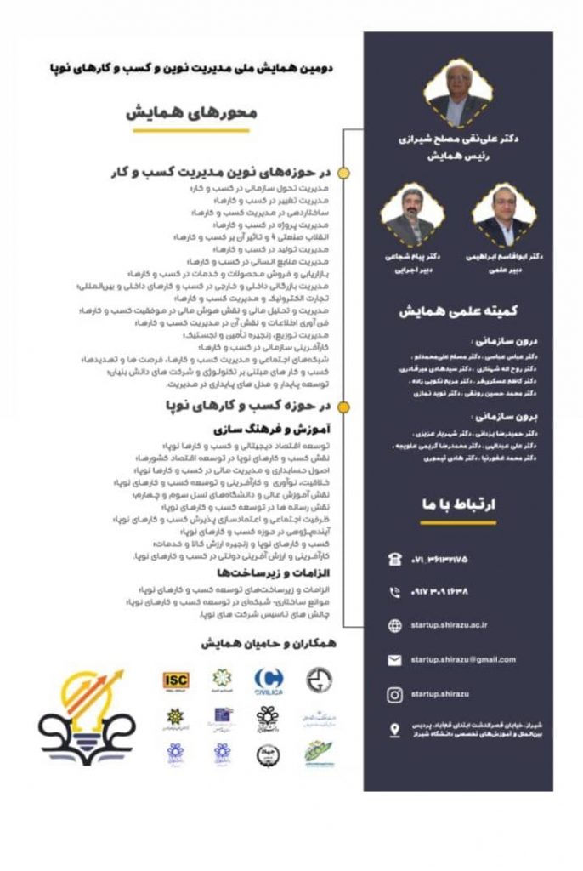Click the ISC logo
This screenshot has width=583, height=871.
pos(177,679)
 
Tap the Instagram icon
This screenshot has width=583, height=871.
pos(394,695)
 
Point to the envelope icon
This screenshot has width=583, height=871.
pos(394,660)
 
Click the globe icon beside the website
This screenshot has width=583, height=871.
pos(394,626)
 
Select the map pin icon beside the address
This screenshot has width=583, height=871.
pos(394,729)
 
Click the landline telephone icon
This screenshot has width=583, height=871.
pos(394,558)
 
